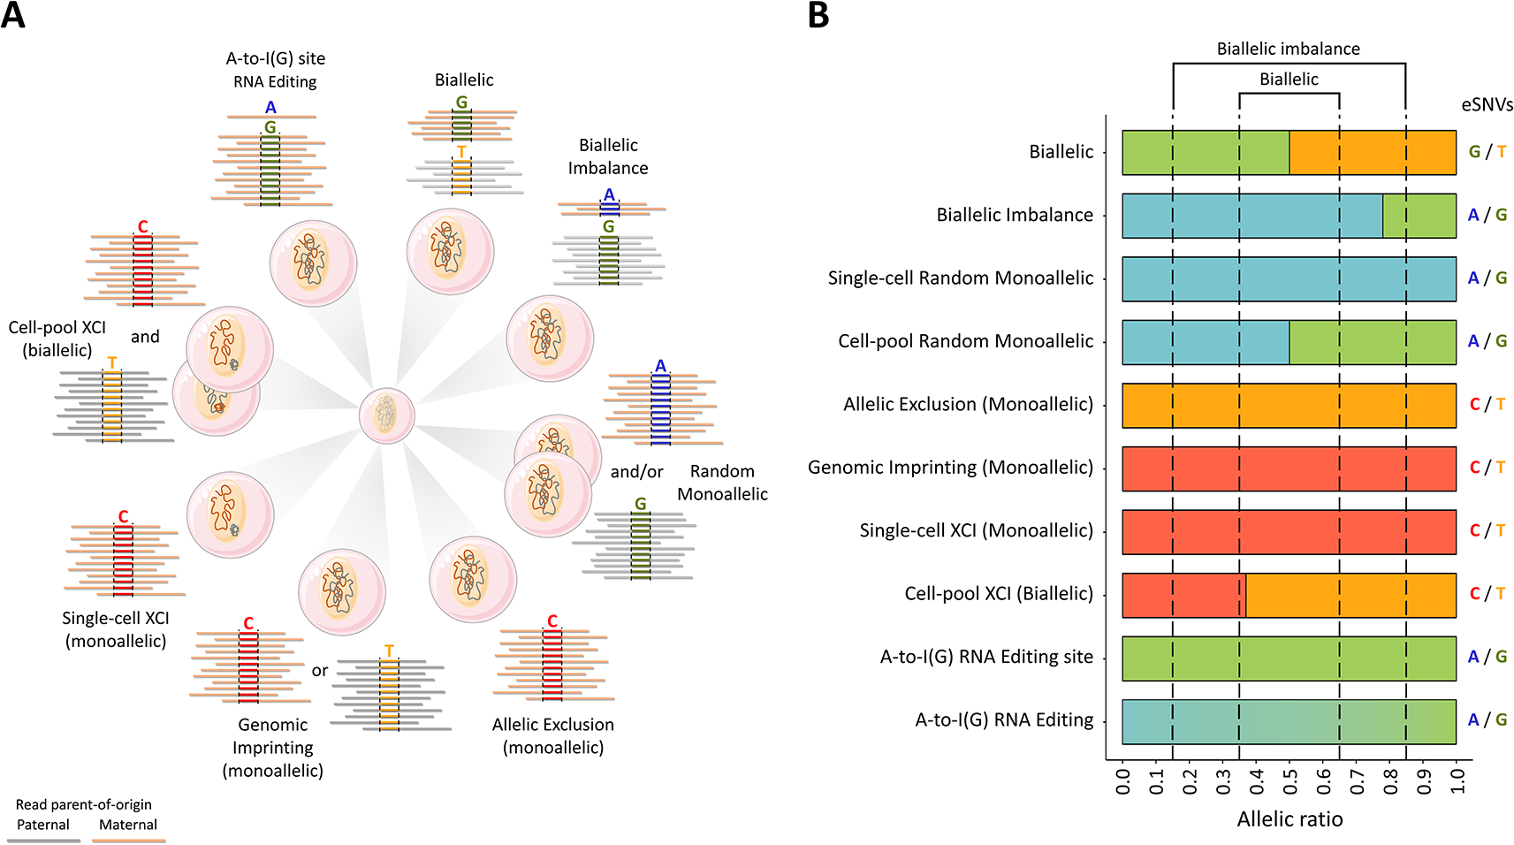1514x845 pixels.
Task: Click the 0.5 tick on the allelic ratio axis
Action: click(1290, 780)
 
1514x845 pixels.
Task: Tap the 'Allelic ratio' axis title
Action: click(1290, 819)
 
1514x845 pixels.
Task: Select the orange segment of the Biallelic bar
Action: click(1372, 152)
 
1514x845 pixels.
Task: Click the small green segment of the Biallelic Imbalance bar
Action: click(1419, 216)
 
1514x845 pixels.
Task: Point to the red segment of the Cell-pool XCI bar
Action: click(1183, 595)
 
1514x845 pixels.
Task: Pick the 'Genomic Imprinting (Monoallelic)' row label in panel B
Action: click(950, 468)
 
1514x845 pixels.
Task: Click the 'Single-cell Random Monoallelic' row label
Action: click(960, 278)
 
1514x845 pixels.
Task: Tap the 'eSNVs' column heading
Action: click(1487, 104)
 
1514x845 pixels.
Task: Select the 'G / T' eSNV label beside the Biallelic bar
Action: click(1487, 152)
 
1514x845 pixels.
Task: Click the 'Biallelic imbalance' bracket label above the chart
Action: click(1288, 49)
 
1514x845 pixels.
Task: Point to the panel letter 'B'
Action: click(818, 16)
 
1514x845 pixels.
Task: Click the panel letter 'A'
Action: click(13, 16)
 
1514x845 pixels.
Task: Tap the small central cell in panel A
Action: click(387, 415)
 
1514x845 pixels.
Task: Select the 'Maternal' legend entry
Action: click(128, 826)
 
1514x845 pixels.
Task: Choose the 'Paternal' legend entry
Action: click(43, 826)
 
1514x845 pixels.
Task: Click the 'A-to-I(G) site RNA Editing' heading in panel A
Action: click(275, 70)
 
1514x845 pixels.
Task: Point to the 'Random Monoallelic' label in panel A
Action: click(722, 483)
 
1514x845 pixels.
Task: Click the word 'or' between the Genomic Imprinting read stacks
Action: click(319, 671)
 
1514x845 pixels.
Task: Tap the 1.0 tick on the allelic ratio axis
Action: click(1457, 780)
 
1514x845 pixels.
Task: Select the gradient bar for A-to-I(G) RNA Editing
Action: click(1289, 721)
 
